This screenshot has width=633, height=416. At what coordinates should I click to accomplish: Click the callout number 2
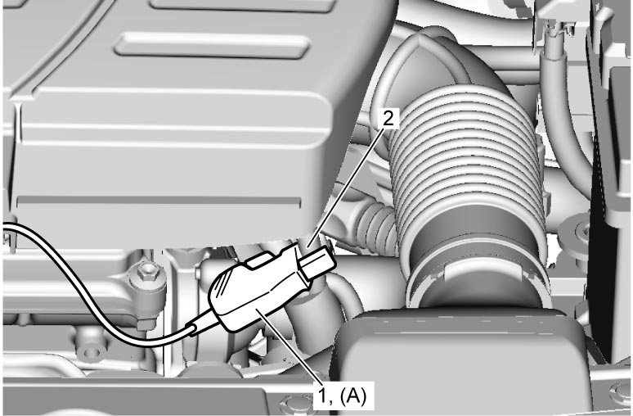(x=388, y=119)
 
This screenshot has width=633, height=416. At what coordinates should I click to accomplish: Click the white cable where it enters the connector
(x=193, y=329)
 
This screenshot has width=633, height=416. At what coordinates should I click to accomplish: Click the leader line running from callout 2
(x=347, y=185)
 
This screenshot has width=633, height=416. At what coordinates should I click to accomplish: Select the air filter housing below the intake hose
(x=460, y=359)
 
